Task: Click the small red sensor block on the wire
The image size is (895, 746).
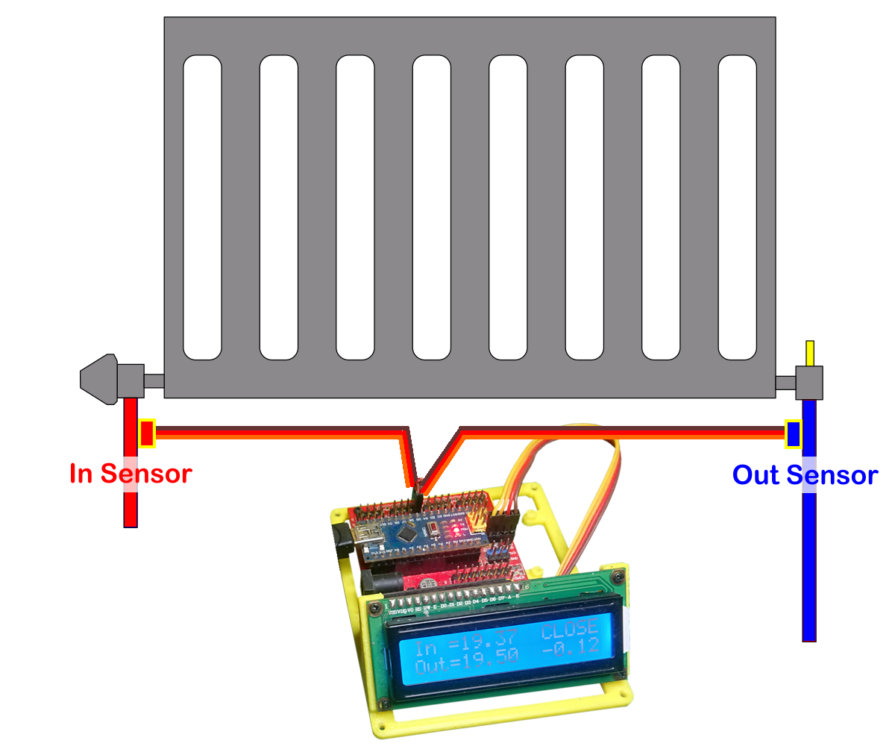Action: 147,433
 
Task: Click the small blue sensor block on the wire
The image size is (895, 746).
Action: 794,433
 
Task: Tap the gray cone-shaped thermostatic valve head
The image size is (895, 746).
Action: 100,380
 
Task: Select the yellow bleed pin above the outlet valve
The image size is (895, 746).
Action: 810,353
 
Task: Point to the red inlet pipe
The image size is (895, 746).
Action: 131,507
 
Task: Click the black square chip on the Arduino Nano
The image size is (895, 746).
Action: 408,532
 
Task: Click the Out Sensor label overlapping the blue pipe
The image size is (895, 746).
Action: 805,475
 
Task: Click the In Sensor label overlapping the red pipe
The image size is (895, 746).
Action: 131,473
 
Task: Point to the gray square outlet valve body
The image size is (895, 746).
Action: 809,383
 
